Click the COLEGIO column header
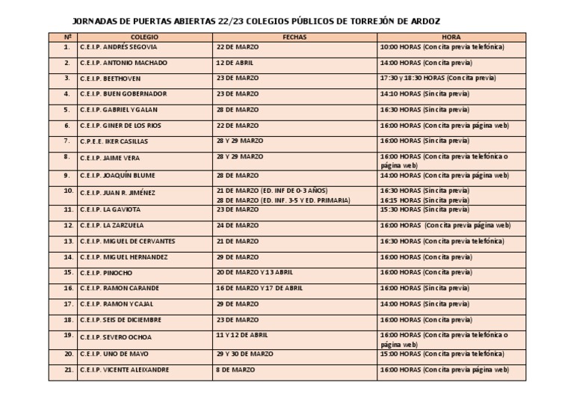click(144, 37)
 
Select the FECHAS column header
click(294, 37)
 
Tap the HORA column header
click(451, 37)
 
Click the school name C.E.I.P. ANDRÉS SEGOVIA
click(118, 47)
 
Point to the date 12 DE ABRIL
click(235, 63)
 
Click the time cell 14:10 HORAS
click(425, 94)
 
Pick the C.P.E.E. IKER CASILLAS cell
click(114, 141)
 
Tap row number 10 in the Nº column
click(67, 191)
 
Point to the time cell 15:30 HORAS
click(425, 209)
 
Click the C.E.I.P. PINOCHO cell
click(106, 273)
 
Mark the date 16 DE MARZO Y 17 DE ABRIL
click(259, 288)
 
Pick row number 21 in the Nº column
click(67, 369)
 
